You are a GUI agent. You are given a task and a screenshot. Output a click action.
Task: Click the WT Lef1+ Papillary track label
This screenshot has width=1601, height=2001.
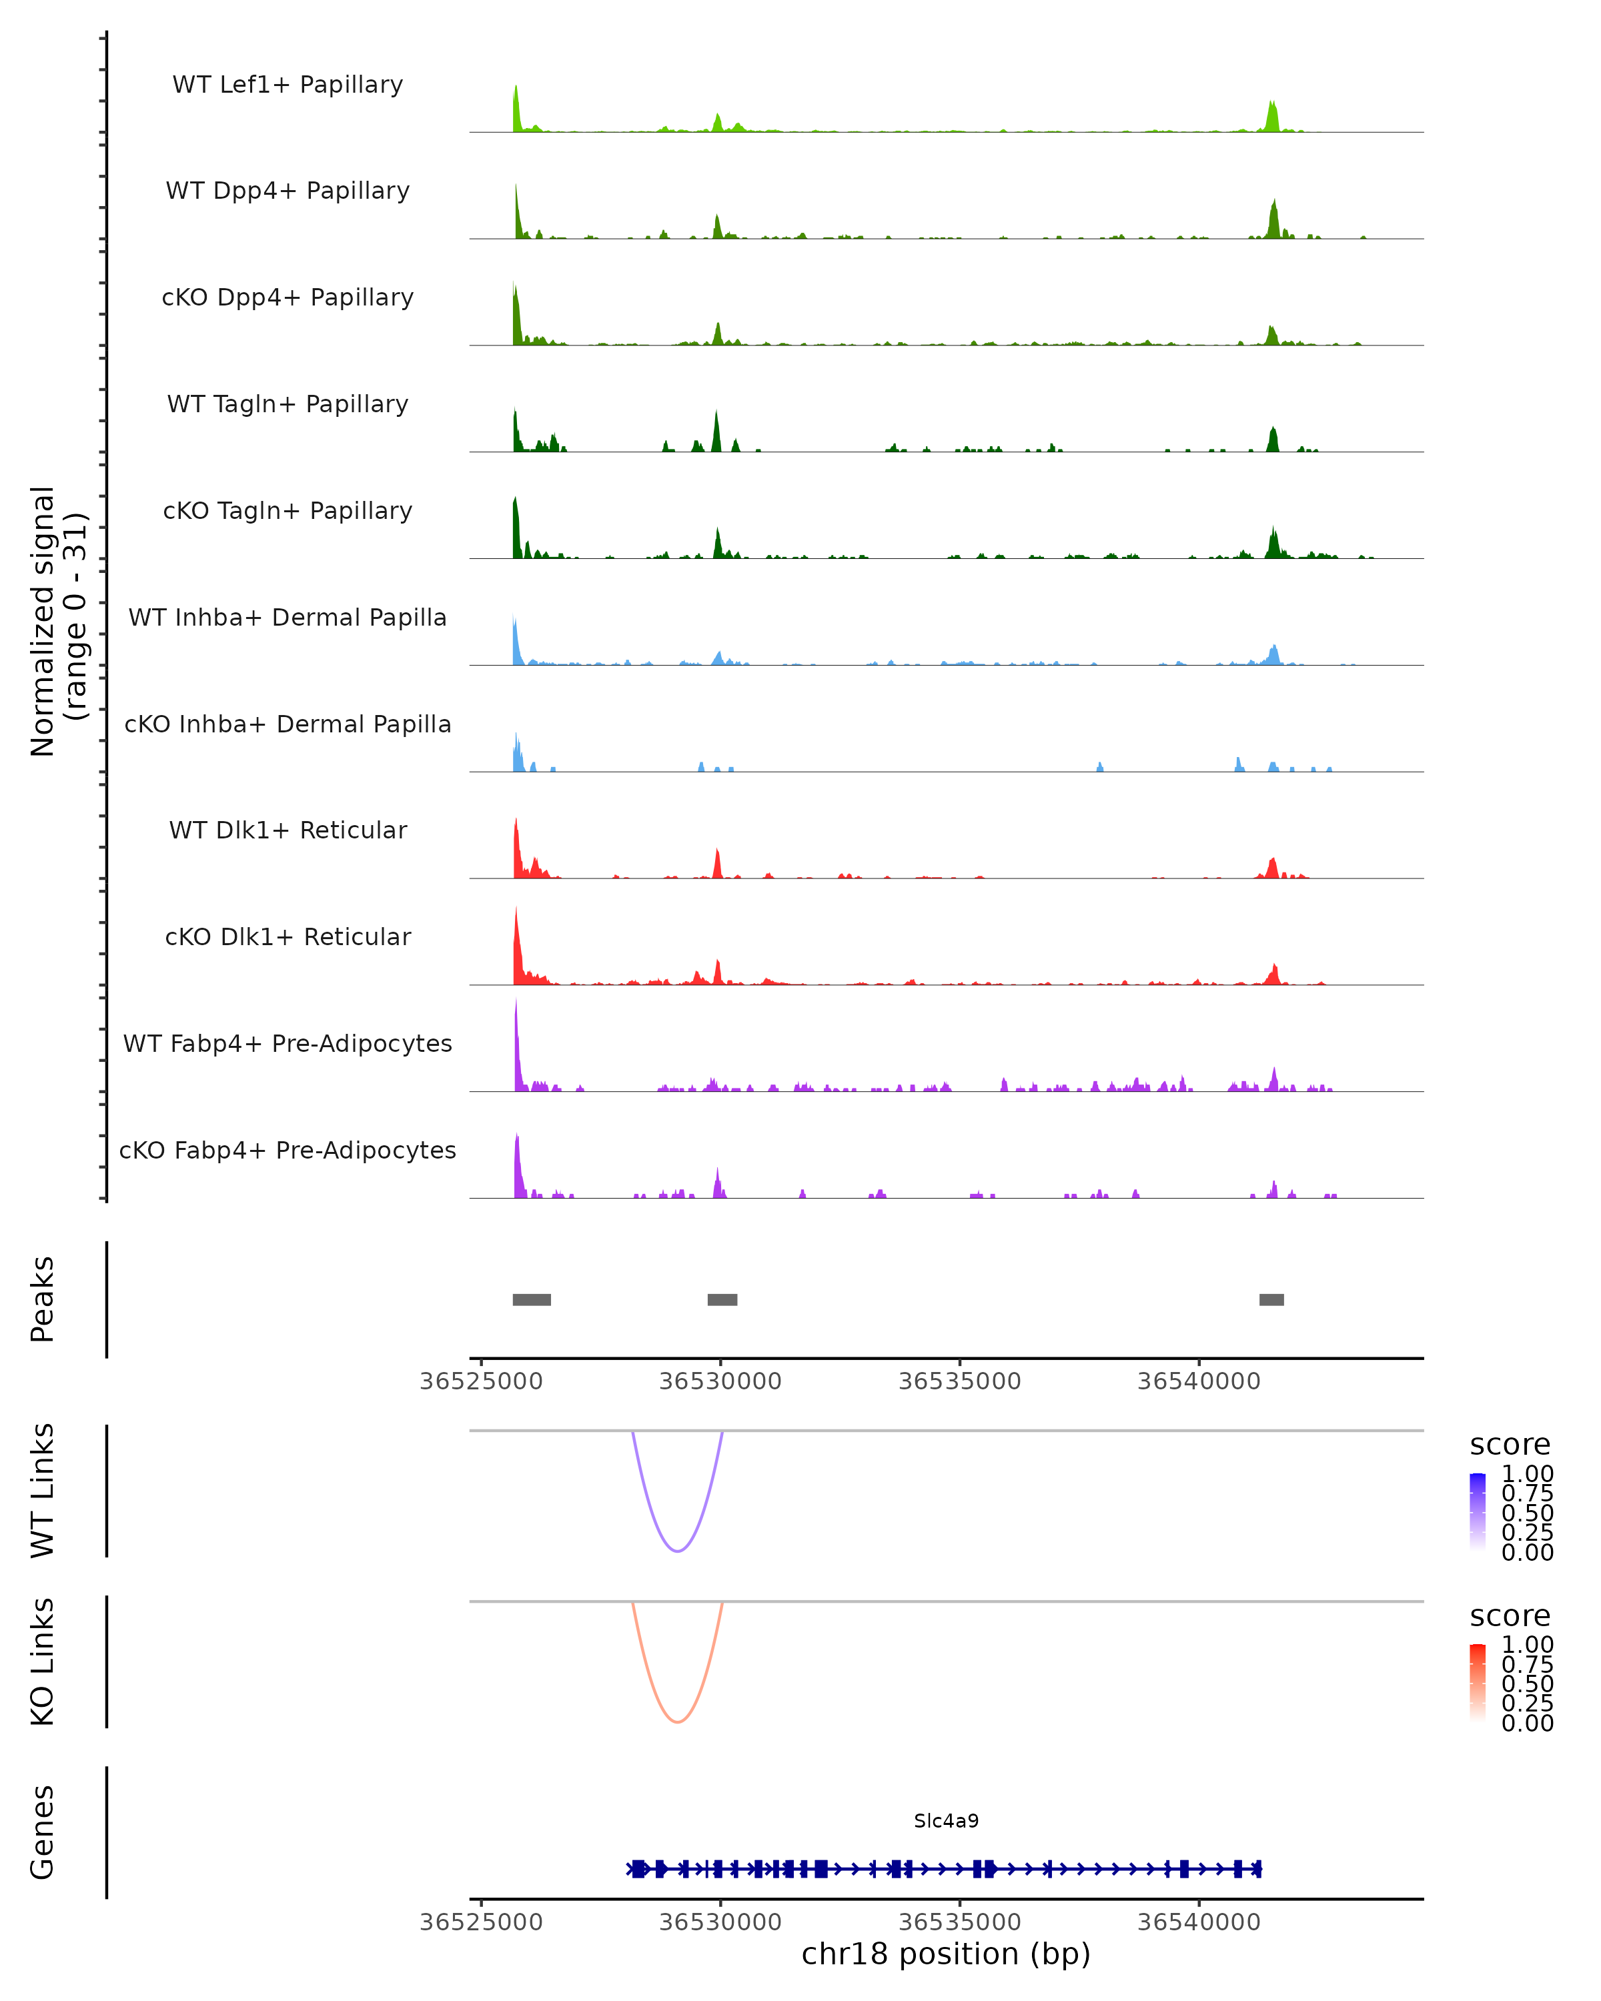coord(288,85)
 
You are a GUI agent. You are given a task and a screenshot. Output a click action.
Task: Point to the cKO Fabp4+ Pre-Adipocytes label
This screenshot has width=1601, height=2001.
coord(288,1150)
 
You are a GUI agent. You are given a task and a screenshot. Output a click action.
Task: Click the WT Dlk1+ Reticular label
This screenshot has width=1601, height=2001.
coord(288,830)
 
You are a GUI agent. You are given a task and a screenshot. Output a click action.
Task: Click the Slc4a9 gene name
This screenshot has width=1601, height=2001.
coord(946,1820)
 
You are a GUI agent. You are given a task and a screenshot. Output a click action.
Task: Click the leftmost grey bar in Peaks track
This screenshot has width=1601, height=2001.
coord(532,1299)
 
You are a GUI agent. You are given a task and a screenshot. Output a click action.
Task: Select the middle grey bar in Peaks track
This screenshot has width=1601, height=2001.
coord(722,1299)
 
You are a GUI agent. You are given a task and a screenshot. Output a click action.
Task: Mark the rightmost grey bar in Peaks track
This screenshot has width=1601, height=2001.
coord(1271,1299)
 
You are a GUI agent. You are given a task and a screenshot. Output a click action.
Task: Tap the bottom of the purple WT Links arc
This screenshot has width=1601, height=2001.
coord(678,1551)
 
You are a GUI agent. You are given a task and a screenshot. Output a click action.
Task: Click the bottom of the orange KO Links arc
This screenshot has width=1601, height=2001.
coord(678,1722)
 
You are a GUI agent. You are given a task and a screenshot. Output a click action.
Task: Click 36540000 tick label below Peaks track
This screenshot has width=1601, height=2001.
coord(1199,1381)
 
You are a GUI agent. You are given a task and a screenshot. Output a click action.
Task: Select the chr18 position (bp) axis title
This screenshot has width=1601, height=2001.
coord(946,1954)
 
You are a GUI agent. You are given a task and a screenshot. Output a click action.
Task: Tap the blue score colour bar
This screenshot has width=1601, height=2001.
coord(1478,1511)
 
